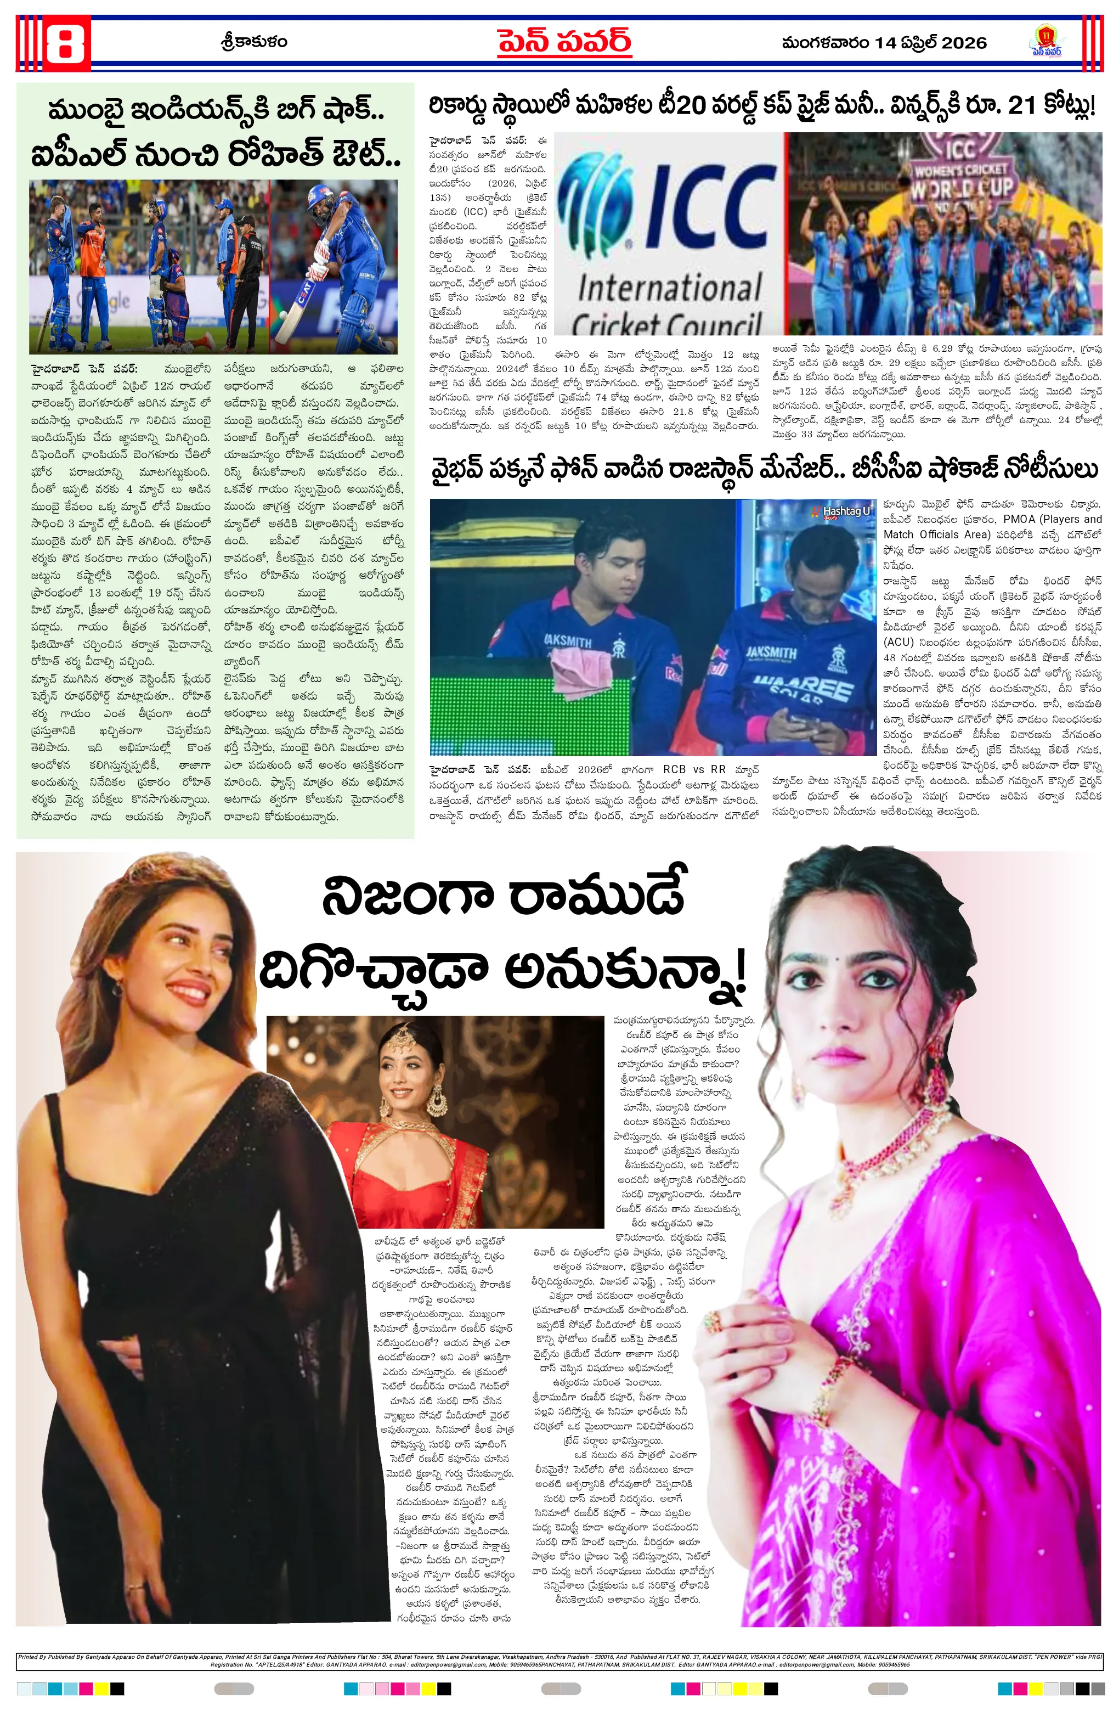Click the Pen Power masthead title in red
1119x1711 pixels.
coord(564,42)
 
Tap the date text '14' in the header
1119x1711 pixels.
coord(885,43)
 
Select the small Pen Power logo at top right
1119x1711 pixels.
coord(1045,41)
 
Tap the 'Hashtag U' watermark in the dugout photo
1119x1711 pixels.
coord(844,511)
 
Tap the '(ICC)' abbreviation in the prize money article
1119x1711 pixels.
coord(474,212)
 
